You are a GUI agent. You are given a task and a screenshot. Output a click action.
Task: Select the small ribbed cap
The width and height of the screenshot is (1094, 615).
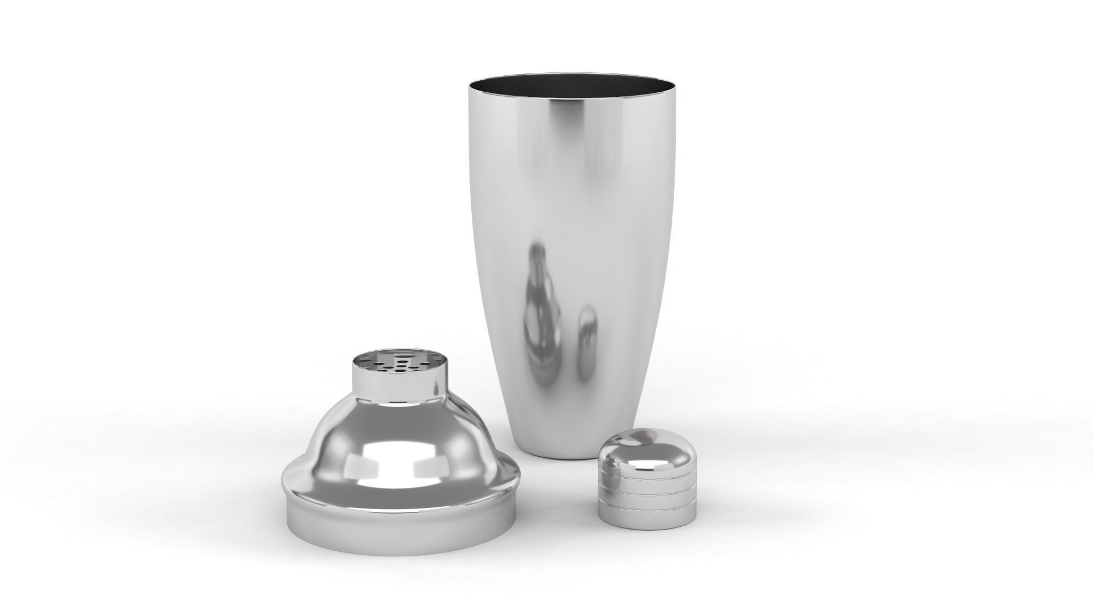(x=647, y=478)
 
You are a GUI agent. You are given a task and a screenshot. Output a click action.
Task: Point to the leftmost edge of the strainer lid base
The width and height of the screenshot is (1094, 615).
(x=283, y=501)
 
